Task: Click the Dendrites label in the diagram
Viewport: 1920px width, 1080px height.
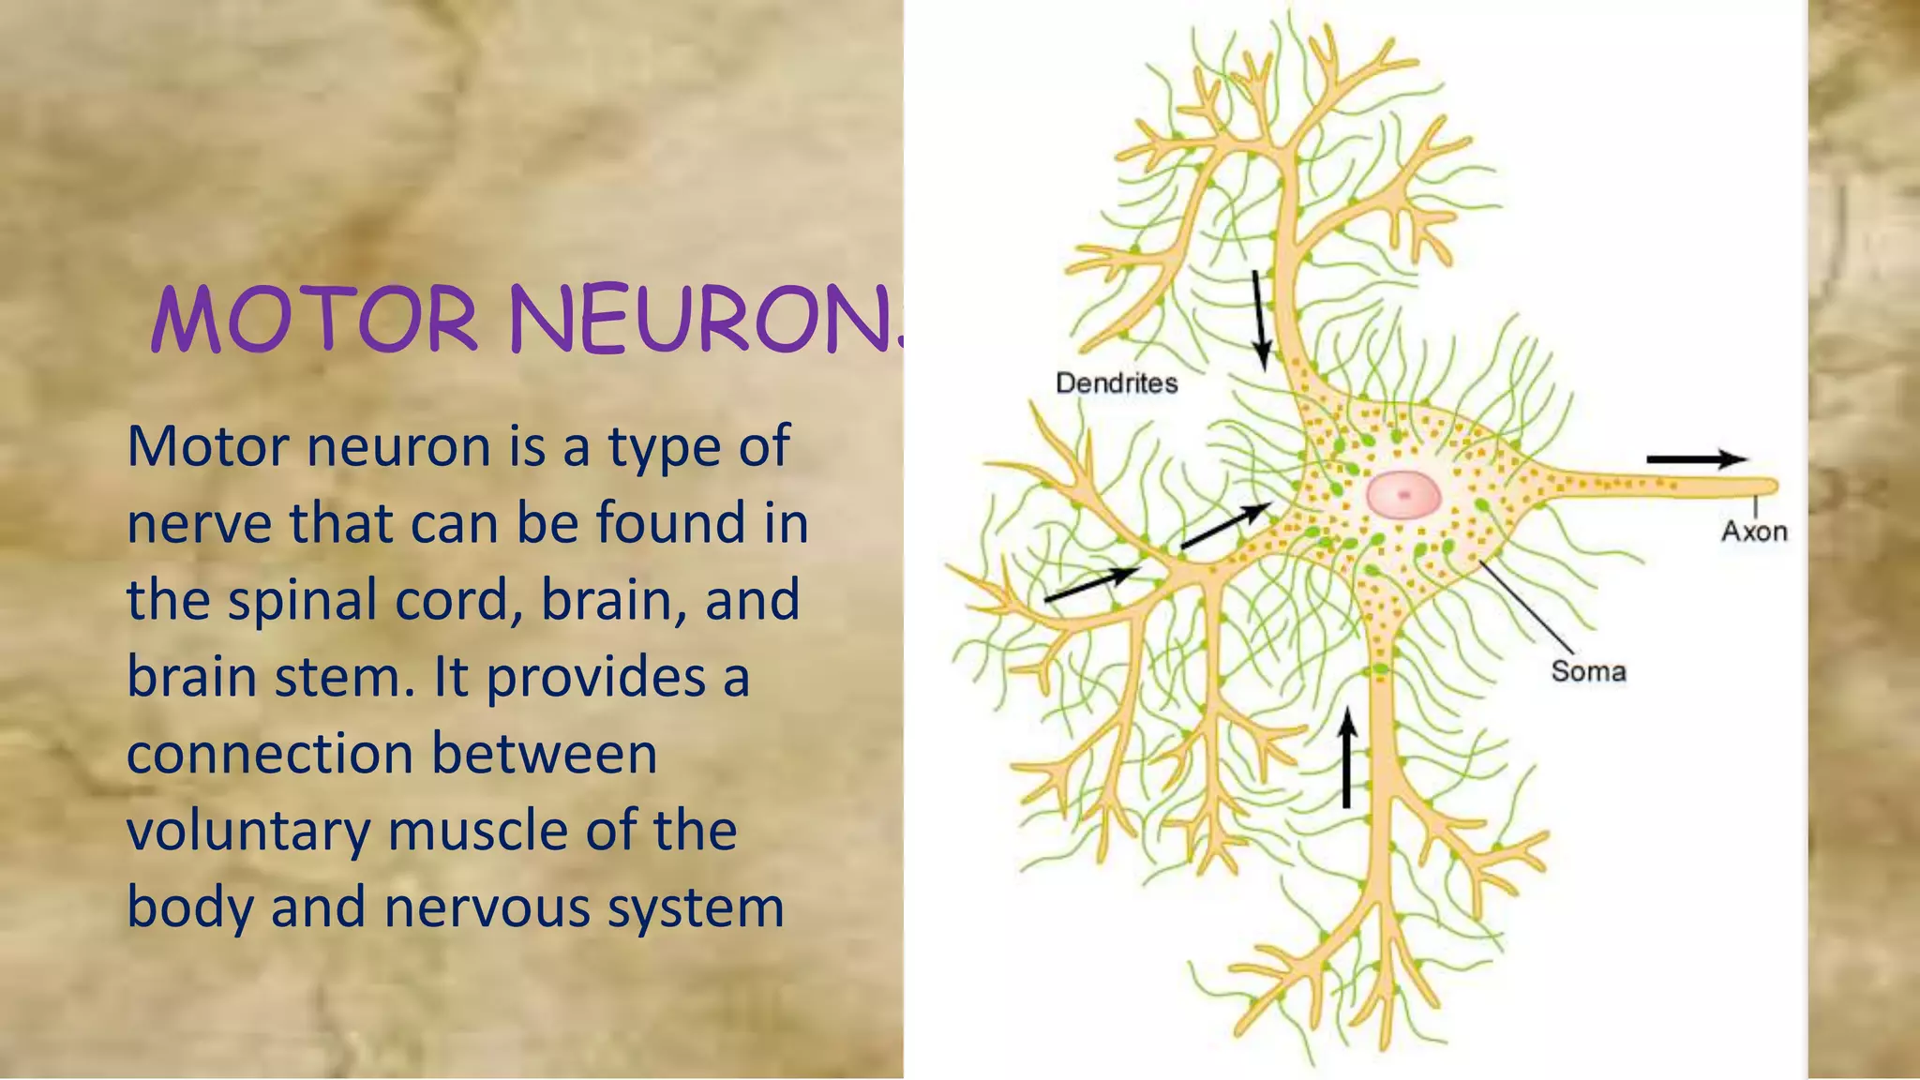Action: pyautogui.click(x=1116, y=382)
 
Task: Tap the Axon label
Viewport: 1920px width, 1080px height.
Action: pyautogui.click(x=1753, y=532)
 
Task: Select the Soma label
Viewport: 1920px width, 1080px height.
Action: pyautogui.click(x=1587, y=671)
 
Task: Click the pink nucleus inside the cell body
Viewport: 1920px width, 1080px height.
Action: pyautogui.click(x=1403, y=494)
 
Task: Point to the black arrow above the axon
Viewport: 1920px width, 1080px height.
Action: pyautogui.click(x=1695, y=459)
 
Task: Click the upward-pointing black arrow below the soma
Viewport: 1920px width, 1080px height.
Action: pyautogui.click(x=1347, y=757)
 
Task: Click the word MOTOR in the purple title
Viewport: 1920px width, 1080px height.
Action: pyautogui.click(x=315, y=321)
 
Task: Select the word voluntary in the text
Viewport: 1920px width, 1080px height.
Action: pyautogui.click(x=248, y=832)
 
